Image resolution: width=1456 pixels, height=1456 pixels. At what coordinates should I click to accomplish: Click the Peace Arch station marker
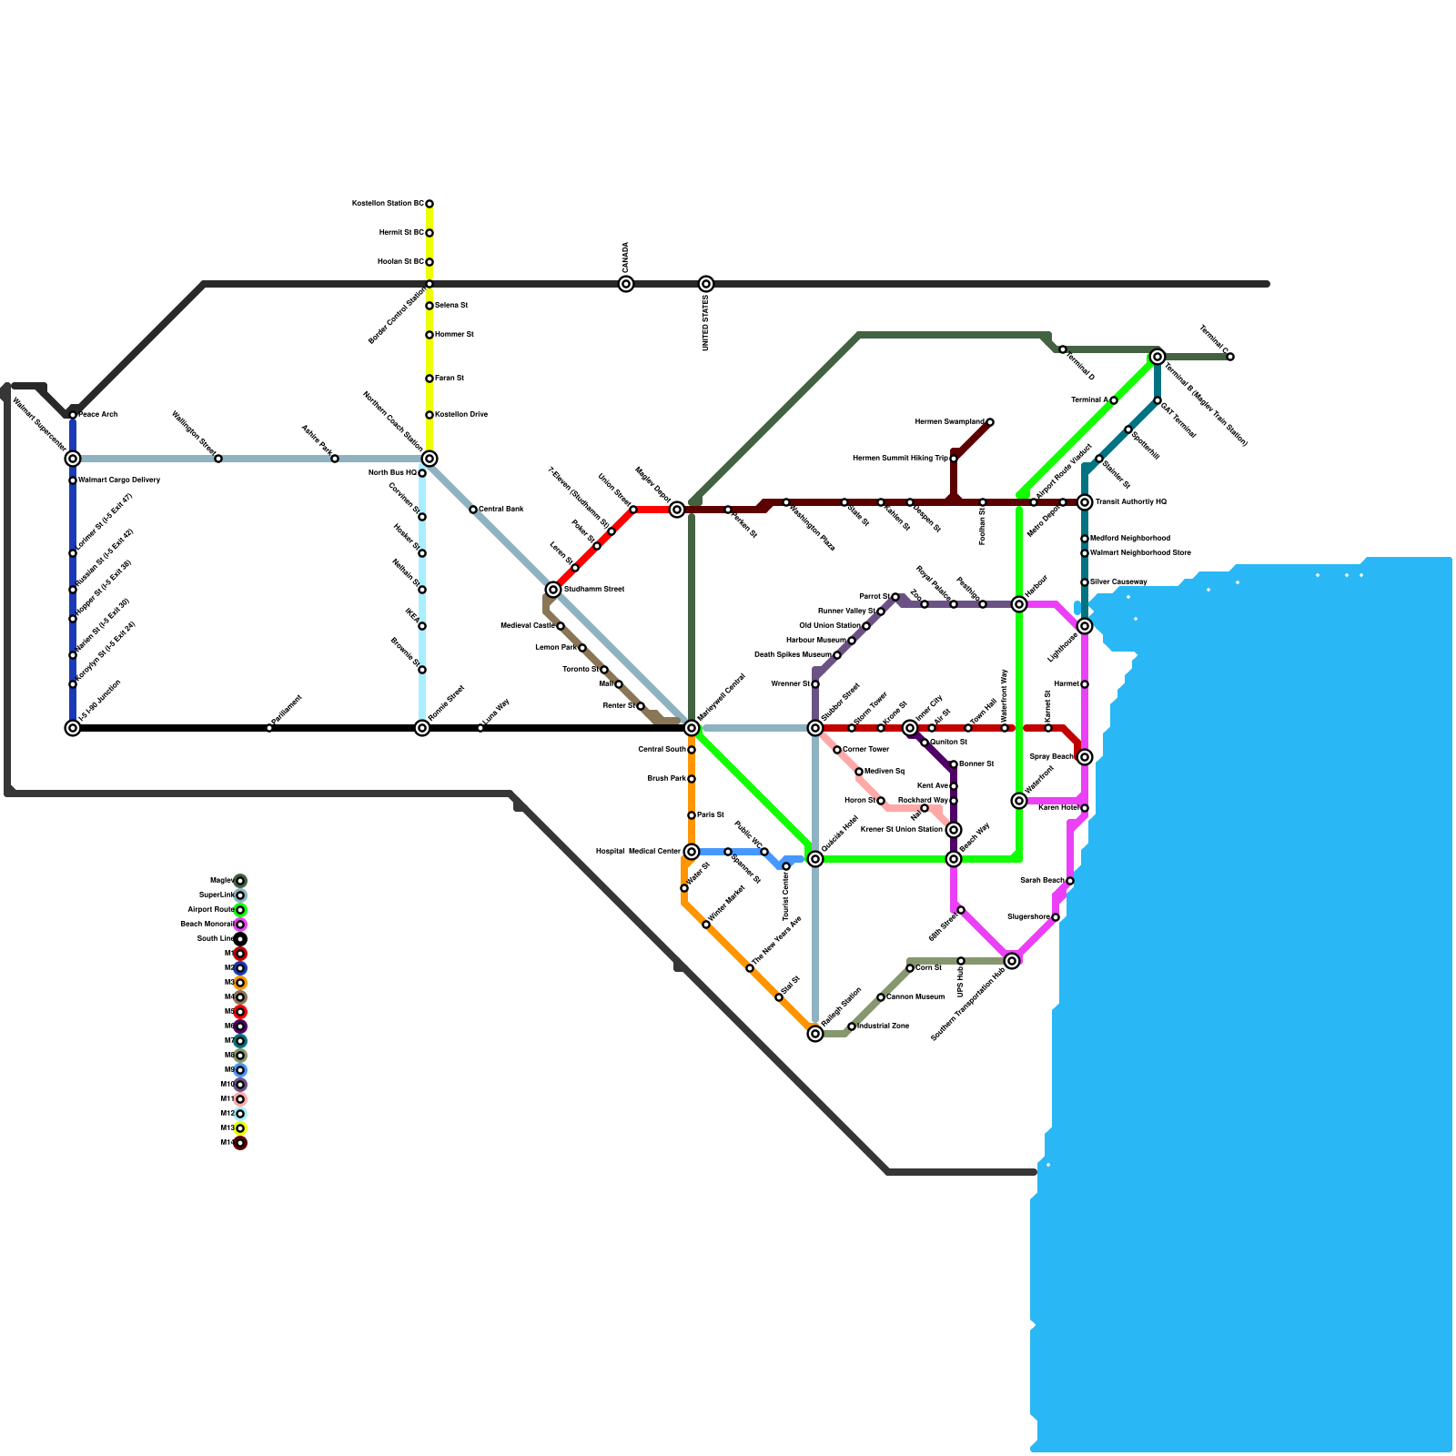click(73, 415)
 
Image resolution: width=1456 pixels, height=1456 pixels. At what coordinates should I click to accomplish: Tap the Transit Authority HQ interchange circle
click(1085, 502)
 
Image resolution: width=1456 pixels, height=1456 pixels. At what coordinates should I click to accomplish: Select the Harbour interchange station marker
click(1019, 604)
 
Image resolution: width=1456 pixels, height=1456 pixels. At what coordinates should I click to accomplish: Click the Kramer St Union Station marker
click(954, 830)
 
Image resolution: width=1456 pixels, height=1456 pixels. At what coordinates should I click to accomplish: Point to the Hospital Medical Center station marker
click(692, 852)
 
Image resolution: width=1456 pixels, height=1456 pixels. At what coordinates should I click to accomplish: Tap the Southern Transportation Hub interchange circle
click(1012, 961)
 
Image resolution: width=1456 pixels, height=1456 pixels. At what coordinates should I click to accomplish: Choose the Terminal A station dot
click(1114, 400)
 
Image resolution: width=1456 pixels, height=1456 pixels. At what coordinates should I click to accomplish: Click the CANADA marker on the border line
click(626, 284)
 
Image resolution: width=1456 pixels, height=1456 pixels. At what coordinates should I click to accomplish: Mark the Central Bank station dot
click(473, 510)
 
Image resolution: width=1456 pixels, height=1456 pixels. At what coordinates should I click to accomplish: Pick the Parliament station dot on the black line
click(269, 728)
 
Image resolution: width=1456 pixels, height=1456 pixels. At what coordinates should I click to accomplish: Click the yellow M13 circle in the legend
click(240, 1128)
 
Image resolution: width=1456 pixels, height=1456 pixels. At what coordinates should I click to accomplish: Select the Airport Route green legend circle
click(240, 910)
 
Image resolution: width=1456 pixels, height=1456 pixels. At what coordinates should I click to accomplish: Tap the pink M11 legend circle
click(240, 1099)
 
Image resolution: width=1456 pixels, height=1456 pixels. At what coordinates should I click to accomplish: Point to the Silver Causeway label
click(1118, 581)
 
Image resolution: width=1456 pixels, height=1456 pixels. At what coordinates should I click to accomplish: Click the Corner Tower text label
click(865, 750)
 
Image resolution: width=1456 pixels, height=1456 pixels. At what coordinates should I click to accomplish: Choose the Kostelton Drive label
click(461, 415)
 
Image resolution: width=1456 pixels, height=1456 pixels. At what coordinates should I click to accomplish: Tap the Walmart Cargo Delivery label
click(119, 480)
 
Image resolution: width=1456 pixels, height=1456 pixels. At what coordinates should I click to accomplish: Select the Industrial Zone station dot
click(852, 1026)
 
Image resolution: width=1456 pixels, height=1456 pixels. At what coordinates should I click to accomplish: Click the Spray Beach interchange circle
click(1085, 757)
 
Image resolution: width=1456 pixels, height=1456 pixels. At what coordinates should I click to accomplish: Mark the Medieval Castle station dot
click(561, 626)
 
